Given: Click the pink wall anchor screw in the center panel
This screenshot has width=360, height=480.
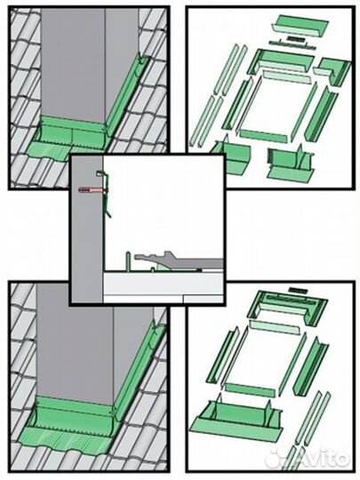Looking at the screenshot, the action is [92, 190].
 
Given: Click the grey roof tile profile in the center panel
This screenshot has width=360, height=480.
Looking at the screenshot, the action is [178, 260].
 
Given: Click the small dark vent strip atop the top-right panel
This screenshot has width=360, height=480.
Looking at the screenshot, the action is [295, 39].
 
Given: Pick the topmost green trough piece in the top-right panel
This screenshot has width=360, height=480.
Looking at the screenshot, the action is [300, 25].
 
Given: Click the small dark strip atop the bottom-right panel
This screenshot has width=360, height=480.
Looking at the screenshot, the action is [299, 290].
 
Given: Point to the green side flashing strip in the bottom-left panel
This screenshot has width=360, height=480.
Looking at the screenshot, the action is [140, 367].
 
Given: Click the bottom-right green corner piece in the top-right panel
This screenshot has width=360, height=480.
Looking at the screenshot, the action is [291, 163].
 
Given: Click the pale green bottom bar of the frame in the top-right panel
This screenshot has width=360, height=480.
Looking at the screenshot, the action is [264, 135].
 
